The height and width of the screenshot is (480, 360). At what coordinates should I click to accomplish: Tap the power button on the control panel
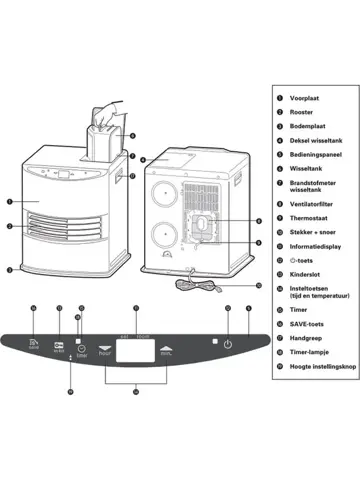pos(228,344)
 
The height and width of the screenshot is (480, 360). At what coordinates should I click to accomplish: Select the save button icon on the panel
pos(34,344)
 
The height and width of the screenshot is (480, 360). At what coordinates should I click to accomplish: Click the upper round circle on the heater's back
pos(163,192)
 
